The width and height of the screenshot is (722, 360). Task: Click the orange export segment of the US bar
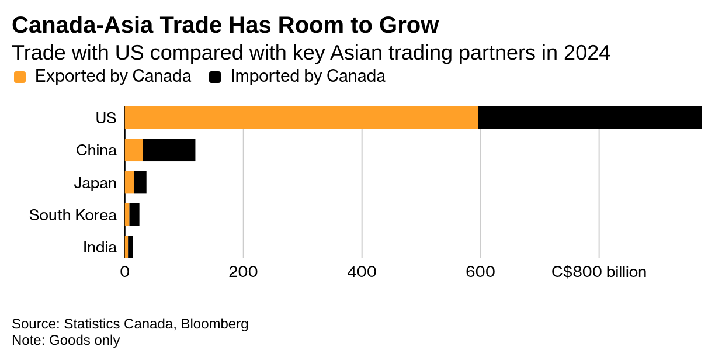(301, 117)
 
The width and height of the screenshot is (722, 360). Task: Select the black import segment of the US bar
(590, 117)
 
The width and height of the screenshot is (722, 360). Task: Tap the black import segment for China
(169, 150)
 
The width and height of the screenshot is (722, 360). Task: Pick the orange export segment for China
(134, 150)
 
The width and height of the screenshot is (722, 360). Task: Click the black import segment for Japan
(140, 183)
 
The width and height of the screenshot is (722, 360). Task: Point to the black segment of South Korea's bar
(134, 215)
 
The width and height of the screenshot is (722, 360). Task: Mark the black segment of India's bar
(130, 247)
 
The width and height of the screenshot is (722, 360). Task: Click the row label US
(106, 118)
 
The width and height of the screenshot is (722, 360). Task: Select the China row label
(96, 150)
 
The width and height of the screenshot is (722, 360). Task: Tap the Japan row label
(95, 183)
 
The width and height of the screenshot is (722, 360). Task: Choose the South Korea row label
(73, 215)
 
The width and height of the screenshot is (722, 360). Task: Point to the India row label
(100, 247)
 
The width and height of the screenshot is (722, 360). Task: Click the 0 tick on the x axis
(124, 272)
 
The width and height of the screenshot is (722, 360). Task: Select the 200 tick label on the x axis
(243, 272)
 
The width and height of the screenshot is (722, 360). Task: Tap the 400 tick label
(362, 272)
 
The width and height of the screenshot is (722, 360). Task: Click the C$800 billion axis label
(599, 272)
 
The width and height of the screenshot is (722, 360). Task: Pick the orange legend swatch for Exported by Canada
(20, 77)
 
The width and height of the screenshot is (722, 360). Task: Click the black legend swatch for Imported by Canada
(216, 77)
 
